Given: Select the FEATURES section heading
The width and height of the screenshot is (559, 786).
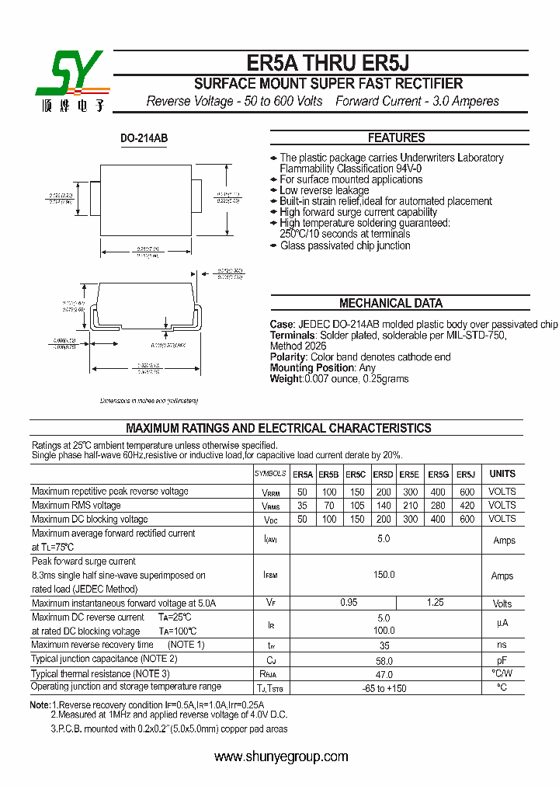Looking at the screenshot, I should coord(396,137).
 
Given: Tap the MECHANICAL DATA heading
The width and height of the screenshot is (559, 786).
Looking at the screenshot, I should coord(391,304).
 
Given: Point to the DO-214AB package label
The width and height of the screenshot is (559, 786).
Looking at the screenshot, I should coord(144,138).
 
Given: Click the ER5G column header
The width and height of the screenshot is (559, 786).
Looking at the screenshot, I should coord(438,474).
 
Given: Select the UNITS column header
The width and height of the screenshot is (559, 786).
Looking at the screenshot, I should coord(502,474).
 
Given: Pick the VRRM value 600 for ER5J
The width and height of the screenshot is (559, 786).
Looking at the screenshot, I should coord(467,492).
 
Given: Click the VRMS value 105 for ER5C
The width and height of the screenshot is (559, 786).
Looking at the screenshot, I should coord(356,506).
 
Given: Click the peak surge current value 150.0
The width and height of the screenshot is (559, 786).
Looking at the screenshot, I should coord(384,575).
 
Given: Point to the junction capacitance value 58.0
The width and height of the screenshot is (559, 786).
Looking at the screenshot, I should coord(384,659).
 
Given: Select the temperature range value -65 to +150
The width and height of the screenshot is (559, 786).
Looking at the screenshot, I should coord(384,688).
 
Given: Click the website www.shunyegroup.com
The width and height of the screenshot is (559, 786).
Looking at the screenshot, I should coord(280,756).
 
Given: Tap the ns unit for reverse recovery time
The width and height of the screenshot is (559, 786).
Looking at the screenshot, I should coord(502,645).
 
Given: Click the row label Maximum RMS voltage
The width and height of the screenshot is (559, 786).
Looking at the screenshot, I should coord(76,506).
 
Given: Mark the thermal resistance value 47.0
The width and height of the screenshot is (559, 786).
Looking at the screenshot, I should coord(384,673).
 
